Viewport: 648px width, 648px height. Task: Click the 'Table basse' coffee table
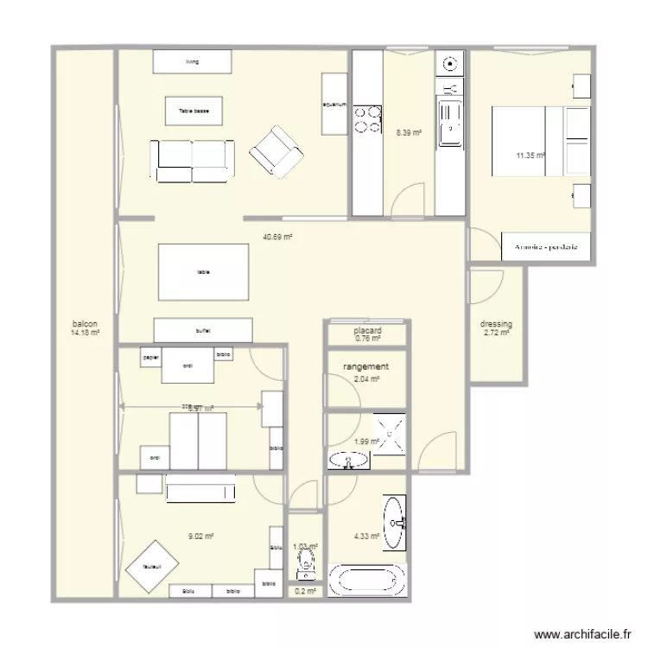click(x=194, y=111)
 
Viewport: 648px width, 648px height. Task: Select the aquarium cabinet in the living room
click(x=334, y=104)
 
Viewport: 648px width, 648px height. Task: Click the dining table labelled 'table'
click(x=203, y=272)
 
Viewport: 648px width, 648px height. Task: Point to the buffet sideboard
click(x=203, y=330)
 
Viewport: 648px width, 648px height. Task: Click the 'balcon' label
click(x=85, y=324)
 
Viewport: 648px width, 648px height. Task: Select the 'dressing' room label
click(x=496, y=324)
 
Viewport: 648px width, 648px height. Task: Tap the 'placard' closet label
click(x=368, y=330)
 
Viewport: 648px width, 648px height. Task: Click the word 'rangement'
click(x=365, y=367)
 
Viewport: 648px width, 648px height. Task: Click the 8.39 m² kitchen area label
click(x=409, y=133)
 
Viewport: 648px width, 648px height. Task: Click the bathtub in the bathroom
click(x=367, y=581)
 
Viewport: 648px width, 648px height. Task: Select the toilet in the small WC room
click(x=304, y=566)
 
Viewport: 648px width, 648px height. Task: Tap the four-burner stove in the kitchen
click(x=367, y=118)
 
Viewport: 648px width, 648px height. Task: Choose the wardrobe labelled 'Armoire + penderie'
click(x=545, y=247)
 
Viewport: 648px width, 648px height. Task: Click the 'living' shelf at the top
click(x=192, y=61)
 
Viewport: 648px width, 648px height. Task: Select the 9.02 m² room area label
click(x=200, y=537)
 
